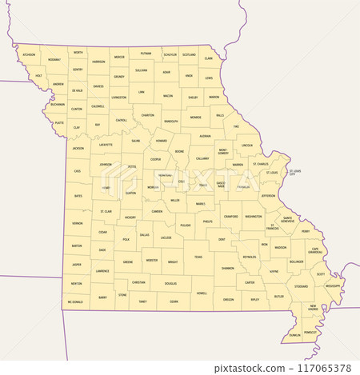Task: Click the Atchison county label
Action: pyautogui.click(x=30, y=55)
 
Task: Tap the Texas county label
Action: pyautogui.click(x=198, y=257)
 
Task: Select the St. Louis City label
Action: pyautogui.click(x=294, y=173)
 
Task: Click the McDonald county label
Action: pyautogui.click(x=75, y=302)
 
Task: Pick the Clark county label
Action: pyautogui.click(x=209, y=58)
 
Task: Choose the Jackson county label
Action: pyautogui.click(x=78, y=149)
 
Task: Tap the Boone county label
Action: pyautogui.click(x=180, y=151)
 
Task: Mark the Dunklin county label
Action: pyautogui.click(x=294, y=335)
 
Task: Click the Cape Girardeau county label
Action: pyautogui.click(x=316, y=250)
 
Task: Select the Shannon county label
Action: pyautogui.click(x=228, y=268)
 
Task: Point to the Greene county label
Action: pyautogui.click(x=127, y=261)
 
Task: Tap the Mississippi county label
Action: pyautogui.click(x=333, y=285)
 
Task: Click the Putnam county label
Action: pyautogui.click(x=146, y=54)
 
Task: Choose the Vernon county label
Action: pyautogui.click(x=77, y=224)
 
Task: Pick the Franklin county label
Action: pyautogui.click(x=244, y=187)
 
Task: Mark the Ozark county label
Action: pyautogui.click(x=173, y=301)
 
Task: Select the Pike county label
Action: pyautogui.click(x=236, y=126)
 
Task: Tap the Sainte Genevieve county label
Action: pyautogui.click(x=287, y=218)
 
